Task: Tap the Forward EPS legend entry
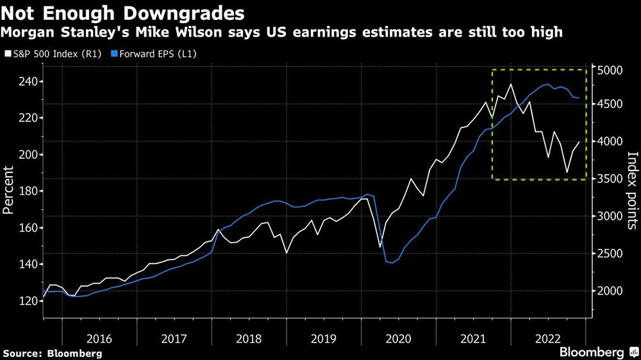tap(153, 54)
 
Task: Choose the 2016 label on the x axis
tap(99, 338)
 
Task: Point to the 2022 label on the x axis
tap(549, 338)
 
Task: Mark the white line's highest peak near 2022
tap(511, 84)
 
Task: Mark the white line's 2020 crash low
tap(380, 247)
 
